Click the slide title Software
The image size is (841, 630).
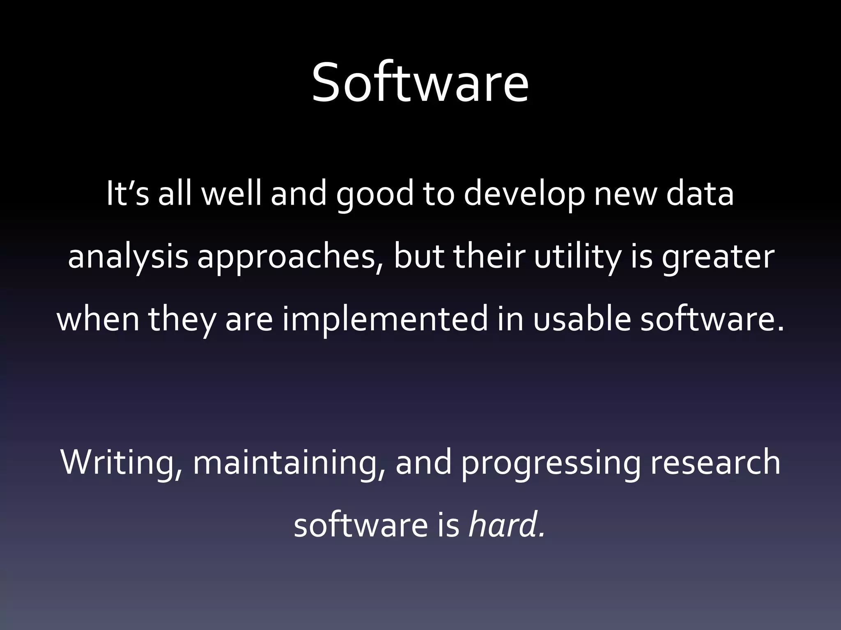(x=420, y=82)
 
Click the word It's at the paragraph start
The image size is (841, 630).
(x=127, y=194)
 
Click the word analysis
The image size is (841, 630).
(x=128, y=258)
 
